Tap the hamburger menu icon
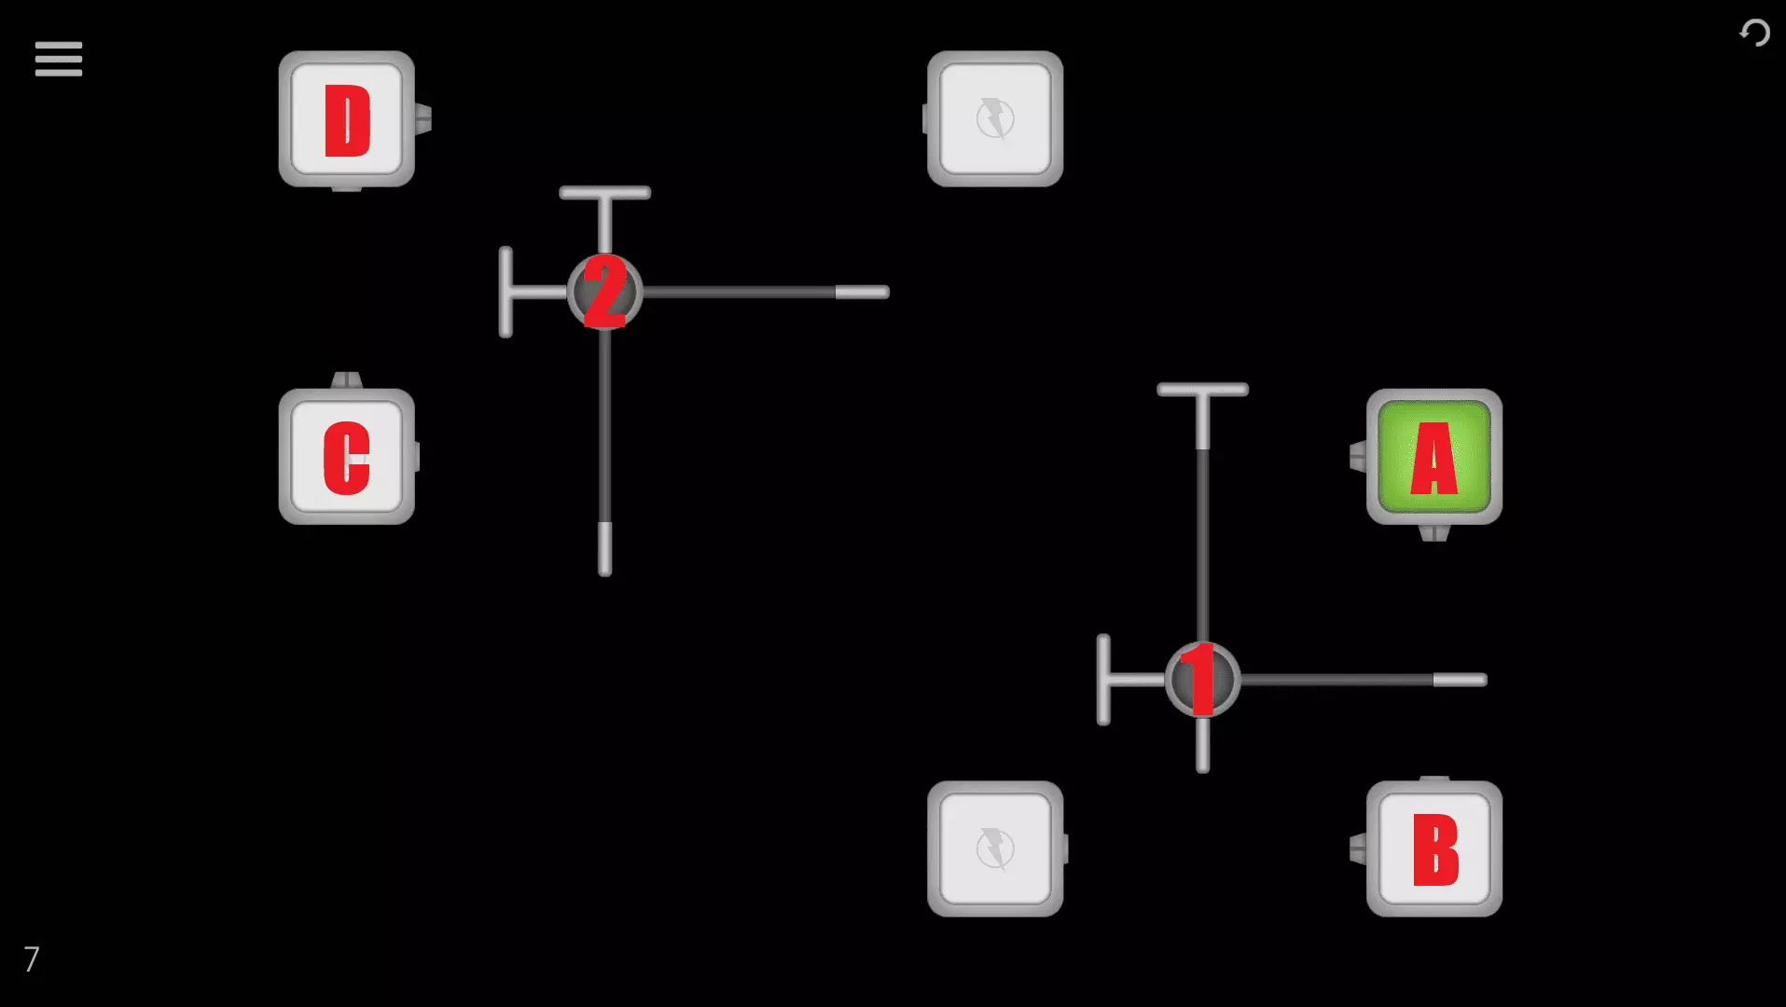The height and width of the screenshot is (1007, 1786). click(59, 59)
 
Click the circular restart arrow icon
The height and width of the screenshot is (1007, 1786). click(1754, 34)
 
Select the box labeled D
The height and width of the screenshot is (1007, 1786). click(347, 119)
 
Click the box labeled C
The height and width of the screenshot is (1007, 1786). click(347, 457)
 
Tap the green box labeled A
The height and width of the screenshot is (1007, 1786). click(1433, 457)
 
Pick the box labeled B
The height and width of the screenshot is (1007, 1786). click(1433, 849)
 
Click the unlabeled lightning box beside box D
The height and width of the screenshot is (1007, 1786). click(995, 119)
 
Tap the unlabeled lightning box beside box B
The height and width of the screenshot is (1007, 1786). click(995, 849)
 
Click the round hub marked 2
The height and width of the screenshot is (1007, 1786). click(605, 293)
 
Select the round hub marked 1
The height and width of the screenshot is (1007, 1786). click(1202, 680)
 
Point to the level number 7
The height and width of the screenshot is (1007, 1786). click(32, 959)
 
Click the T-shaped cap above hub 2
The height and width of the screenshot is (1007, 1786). click(605, 194)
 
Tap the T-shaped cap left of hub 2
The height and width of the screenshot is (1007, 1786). click(506, 293)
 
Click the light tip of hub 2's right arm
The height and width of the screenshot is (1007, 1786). click(862, 293)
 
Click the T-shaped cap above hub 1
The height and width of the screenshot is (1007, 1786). click(1202, 391)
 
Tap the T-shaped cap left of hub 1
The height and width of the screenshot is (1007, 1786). click(1104, 680)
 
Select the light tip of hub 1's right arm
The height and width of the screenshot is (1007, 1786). click(1460, 680)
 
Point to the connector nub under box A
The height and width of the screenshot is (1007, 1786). click(1433, 533)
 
